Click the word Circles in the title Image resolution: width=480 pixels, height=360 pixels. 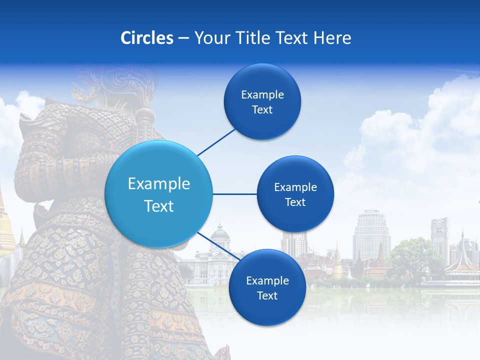(x=146, y=38)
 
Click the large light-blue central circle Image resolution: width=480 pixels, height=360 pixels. (x=159, y=194)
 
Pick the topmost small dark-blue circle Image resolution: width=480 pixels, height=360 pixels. (x=262, y=101)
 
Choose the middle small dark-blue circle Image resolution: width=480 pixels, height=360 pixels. (x=295, y=194)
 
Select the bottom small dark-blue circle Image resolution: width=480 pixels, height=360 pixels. (x=267, y=287)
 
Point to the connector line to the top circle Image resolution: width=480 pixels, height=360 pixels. (x=216, y=142)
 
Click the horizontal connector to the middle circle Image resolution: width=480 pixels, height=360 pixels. (x=235, y=194)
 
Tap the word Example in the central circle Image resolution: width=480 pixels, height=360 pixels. (x=159, y=184)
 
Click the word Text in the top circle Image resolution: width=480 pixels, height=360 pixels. (x=262, y=109)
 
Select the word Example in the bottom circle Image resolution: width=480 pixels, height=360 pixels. (x=267, y=280)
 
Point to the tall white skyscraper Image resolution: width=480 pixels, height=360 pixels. (x=371, y=232)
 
